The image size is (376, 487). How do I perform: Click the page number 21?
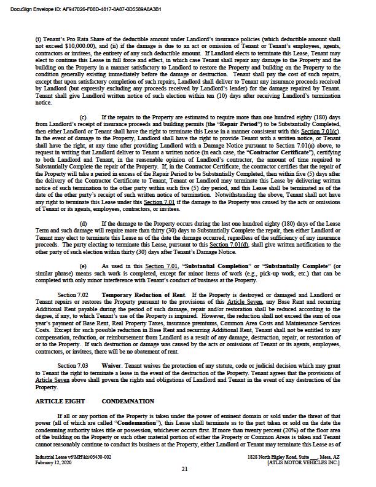point(184,469)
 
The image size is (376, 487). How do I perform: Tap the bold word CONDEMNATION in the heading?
point(128,402)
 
